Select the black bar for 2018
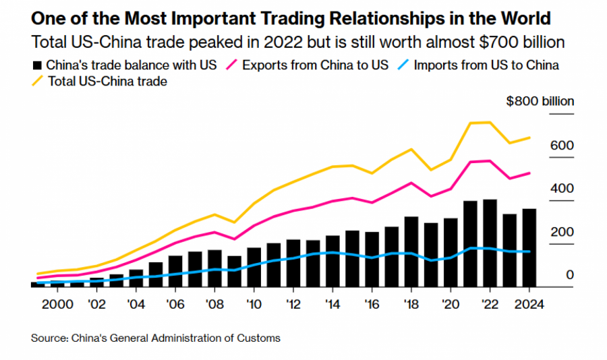411,251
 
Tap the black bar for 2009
235,271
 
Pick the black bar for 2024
529,247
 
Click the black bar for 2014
333,261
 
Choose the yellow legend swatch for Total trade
38,82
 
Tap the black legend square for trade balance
37,65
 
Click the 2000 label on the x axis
58,303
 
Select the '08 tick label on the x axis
214,303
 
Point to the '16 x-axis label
371,303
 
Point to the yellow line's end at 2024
529,138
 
